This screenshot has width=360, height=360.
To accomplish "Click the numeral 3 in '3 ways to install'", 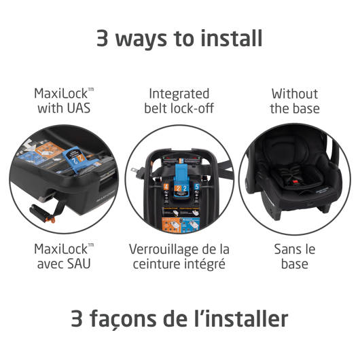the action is (x=103, y=38).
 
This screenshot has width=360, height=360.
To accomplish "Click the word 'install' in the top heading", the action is (x=232, y=37).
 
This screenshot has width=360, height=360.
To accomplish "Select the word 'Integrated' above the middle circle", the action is (x=179, y=94).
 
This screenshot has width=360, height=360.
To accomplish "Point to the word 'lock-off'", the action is (x=193, y=108).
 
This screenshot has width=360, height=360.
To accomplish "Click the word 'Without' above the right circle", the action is (x=295, y=94).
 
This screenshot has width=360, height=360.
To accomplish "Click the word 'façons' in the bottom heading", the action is (x=123, y=319).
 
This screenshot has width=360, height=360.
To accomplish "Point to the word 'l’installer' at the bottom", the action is (x=241, y=318).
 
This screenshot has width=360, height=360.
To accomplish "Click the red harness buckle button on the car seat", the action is (x=295, y=182).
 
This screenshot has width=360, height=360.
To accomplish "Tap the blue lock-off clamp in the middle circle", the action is (x=182, y=179).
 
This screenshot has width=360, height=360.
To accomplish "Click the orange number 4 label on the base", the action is (x=166, y=187).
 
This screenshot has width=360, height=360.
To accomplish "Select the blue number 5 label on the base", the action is (x=197, y=187).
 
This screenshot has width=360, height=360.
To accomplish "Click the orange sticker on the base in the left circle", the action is (x=49, y=149).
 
